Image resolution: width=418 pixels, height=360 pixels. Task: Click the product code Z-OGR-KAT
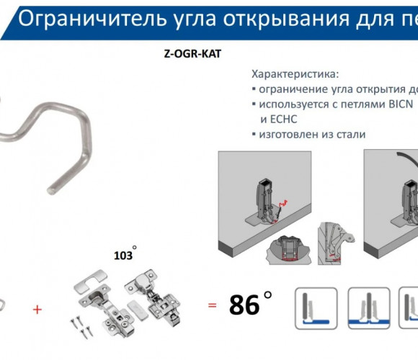point(192,54)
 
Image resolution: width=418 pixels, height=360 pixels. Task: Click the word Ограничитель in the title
point(92,19)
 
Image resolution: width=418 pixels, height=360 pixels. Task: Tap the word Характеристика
point(295,74)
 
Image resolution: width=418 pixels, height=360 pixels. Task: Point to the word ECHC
point(283,119)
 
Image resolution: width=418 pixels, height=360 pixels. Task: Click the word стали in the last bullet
point(351,134)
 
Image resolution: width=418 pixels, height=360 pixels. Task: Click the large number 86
point(244,305)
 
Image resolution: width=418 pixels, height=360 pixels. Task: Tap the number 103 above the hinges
point(123,256)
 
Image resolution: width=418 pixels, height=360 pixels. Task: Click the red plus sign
point(37,310)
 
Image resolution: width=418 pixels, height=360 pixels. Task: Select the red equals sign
point(212,305)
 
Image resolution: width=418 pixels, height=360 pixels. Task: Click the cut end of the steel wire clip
point(50,191)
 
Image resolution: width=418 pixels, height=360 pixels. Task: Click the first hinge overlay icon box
point(316,308)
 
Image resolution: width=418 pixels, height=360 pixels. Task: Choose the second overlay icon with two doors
point(369,308)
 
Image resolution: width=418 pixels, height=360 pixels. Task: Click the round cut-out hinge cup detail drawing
point(288,250)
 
